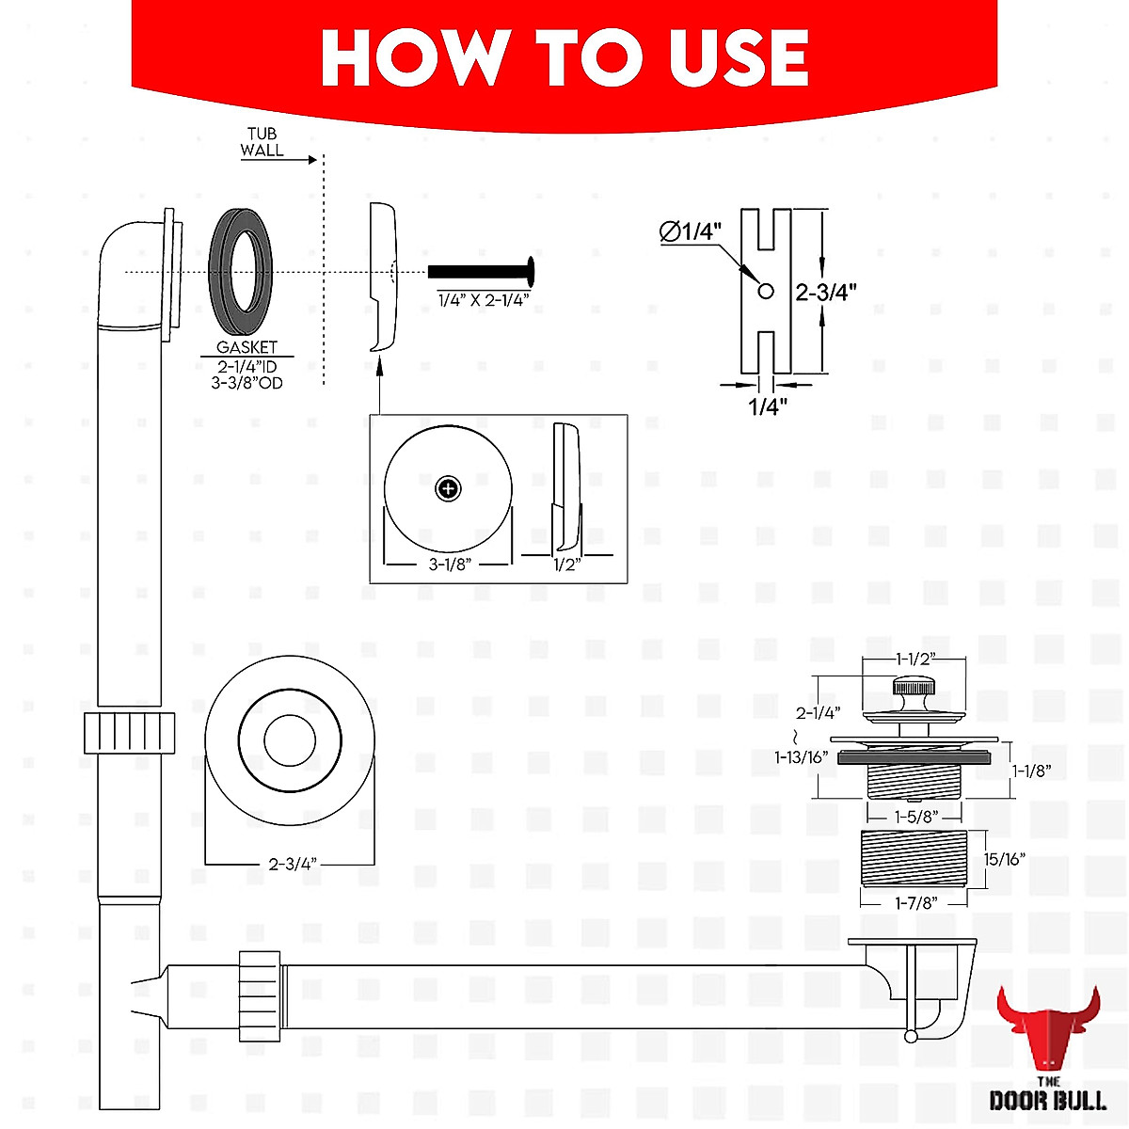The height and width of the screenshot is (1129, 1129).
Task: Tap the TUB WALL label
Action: click(x=262, y=142)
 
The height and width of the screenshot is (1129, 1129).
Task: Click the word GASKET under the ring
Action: click(x=246, y=347)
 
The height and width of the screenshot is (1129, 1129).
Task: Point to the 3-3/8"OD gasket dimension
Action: click(x=246, y=383)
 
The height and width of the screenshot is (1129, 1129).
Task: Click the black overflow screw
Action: click(x=480, y=272)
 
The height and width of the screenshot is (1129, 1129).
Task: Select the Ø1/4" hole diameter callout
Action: click(x=690, y=231)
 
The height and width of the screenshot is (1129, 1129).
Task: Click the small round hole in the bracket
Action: click(x=766, y=291)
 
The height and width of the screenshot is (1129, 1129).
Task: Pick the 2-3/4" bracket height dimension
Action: click(x=825, y=292)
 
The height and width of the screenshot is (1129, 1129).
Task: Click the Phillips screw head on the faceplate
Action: click(x=449, y=488)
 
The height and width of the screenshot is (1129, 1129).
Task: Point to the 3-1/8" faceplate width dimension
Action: click(x=449, y=564)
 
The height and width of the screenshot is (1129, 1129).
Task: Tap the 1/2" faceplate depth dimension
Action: click(x=566, y=564)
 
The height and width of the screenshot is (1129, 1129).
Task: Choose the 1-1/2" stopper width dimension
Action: click(x=914, y=659)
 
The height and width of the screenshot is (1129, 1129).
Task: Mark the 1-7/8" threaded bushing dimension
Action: click(x=914, y=903)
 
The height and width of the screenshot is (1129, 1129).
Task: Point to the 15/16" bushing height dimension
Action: click(x=1004, y=859)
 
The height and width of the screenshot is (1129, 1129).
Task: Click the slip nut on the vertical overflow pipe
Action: click(x=130, y=732)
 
